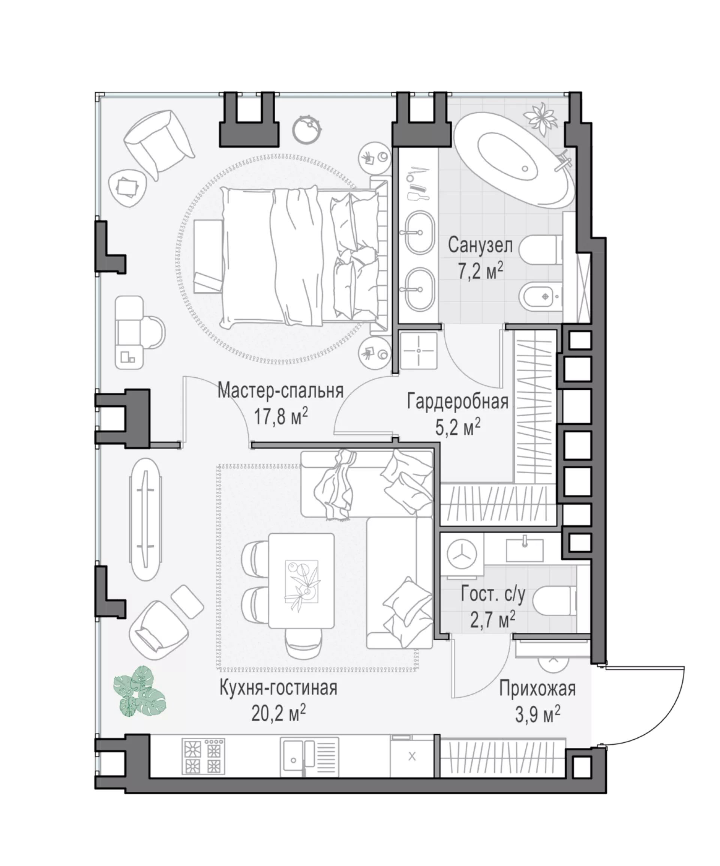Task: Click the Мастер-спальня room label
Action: (x=280, y=390)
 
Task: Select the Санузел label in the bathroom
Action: (x=480, y=246)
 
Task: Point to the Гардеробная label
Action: (x=458, y=401)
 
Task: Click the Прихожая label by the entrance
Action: (x=538, y=689)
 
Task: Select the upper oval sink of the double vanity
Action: (x=418, y=232)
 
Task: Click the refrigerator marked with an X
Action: (x=411, y=756)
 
